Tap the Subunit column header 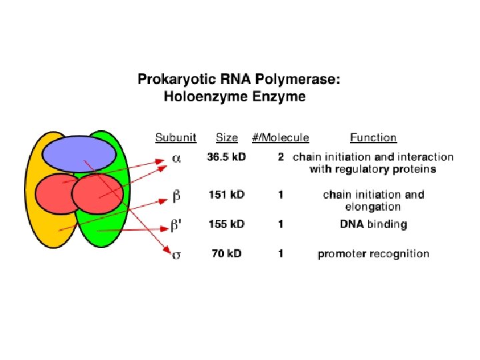(x=175, y=138)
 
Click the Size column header (x=227, y=138)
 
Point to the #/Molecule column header (x=280, y=138)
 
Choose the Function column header (x=373, y=138)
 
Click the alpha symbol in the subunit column (x=176, y=158)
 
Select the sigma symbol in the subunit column (x=176, y=254)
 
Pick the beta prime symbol (x=176, y=225)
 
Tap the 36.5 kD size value (x=227, y=157)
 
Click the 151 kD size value (x=227, y=195)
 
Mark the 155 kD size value (x=227, y=224)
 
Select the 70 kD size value (x=227, y=253)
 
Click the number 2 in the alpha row (x=281, y=157)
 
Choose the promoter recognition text (x=373, y=253)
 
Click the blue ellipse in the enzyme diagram (x=78, y=153)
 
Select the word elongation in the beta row (x=373, y=207)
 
